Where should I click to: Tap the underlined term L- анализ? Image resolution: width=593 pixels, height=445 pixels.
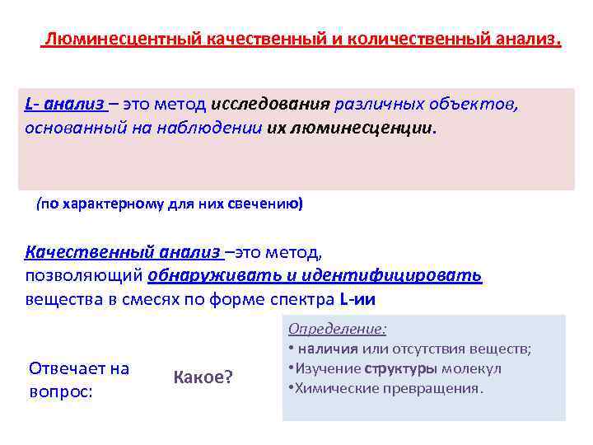coord(64,105)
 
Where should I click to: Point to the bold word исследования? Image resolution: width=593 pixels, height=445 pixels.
coord(270,105)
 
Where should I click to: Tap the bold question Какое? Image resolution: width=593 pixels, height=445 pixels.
coord(203,377)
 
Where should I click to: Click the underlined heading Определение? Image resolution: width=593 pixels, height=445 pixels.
coord(337,329)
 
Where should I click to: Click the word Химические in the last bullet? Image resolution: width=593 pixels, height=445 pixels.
coord(329,387)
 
